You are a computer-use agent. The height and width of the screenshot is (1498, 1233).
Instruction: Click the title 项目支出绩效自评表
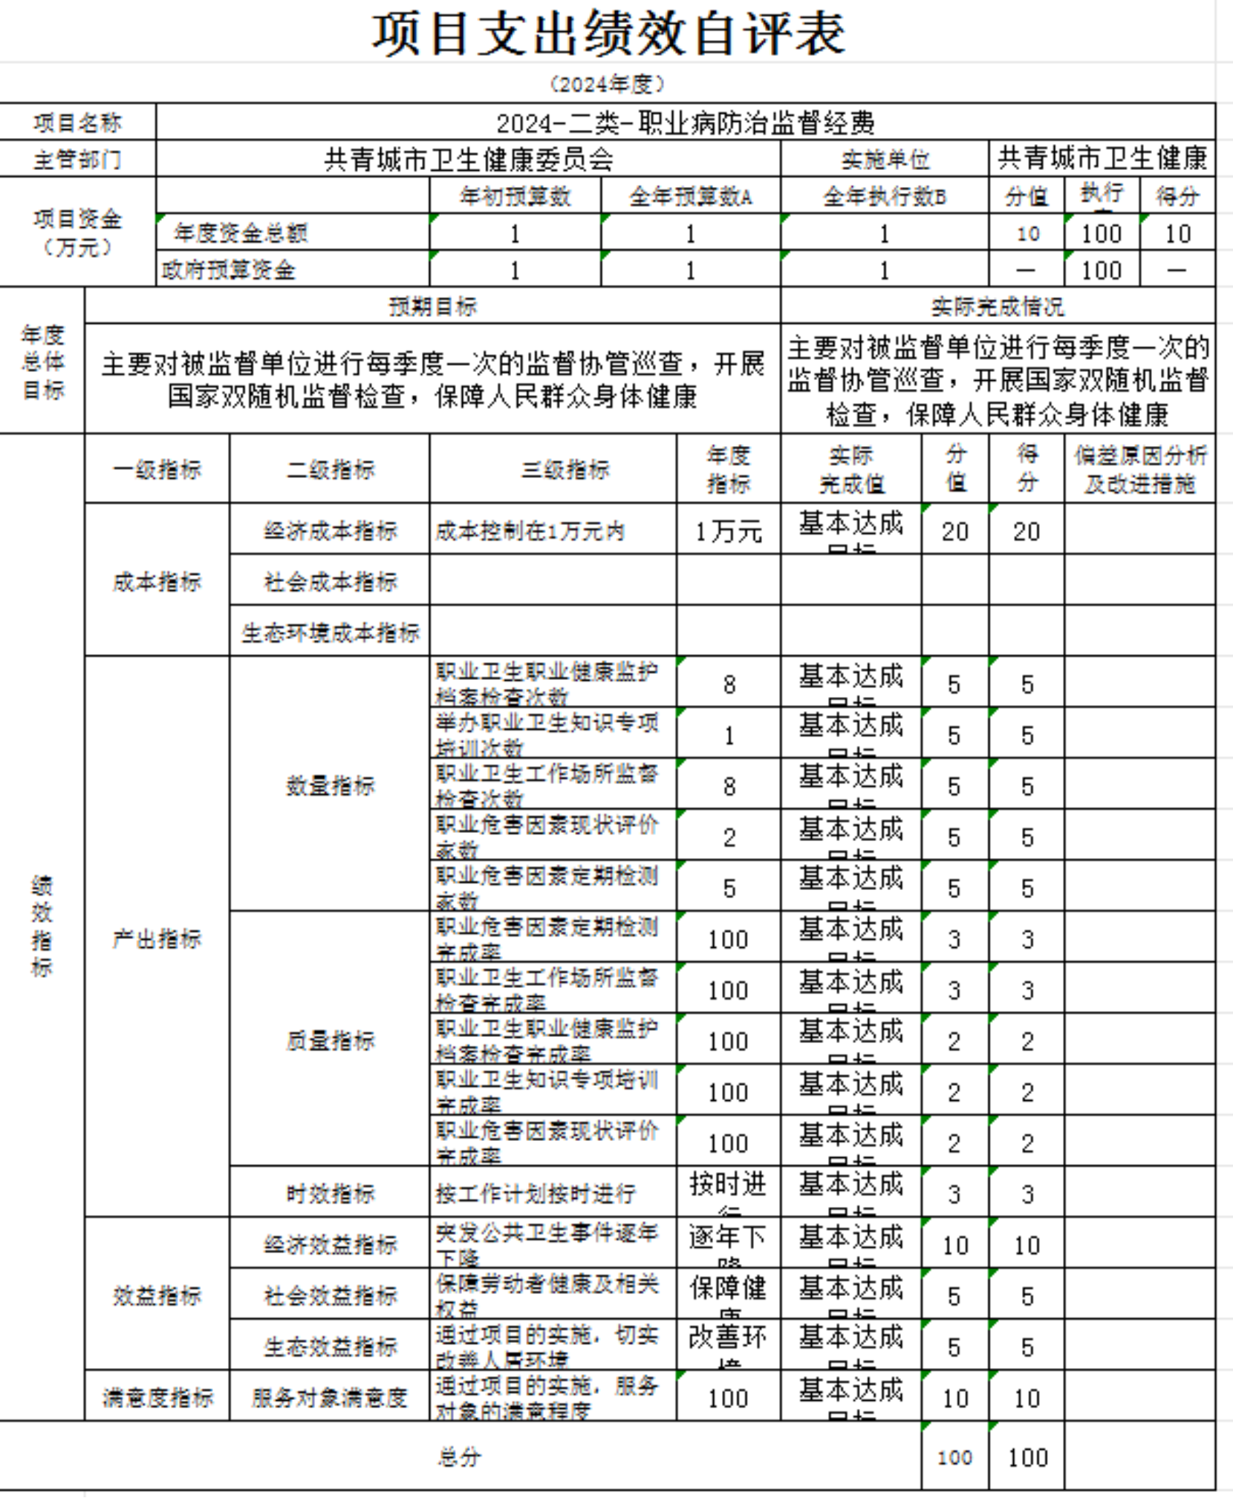coord(608,34)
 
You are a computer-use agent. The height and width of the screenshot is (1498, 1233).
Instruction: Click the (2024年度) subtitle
coord(607,84)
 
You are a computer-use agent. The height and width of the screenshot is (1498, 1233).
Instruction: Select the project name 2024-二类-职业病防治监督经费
coord(685,122)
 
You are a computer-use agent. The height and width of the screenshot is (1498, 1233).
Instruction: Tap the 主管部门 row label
coord(77,159)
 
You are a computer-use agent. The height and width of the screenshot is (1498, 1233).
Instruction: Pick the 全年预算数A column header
coord(690,197)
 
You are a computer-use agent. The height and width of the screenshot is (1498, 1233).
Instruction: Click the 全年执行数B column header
coord(884,197)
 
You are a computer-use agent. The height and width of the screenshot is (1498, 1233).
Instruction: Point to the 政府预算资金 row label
coord(229,269)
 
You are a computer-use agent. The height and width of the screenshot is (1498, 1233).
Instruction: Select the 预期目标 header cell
coord(432,306)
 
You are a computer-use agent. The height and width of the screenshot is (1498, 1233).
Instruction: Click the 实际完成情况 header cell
coord(997,306)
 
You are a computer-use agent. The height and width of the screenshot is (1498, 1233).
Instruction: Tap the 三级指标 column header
coord(565,469)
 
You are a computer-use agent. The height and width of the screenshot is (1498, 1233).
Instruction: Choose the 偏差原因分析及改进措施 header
coord(1139,469)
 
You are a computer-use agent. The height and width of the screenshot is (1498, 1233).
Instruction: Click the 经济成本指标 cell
coord(330,531)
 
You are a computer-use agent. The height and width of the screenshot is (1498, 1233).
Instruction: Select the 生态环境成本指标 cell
coord(330,632)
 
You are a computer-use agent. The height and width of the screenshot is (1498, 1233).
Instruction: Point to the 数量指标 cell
coord(330,785)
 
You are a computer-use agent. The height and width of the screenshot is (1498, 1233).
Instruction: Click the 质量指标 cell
coord(330,1040)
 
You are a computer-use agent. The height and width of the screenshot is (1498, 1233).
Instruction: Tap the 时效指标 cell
coord(330,1194)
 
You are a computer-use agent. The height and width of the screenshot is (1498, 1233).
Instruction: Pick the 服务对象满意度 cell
coord(330,1398)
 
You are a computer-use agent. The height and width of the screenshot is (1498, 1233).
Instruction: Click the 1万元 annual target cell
coord(728,532)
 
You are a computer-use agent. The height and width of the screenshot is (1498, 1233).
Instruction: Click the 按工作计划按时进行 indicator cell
coord(536,1194)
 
